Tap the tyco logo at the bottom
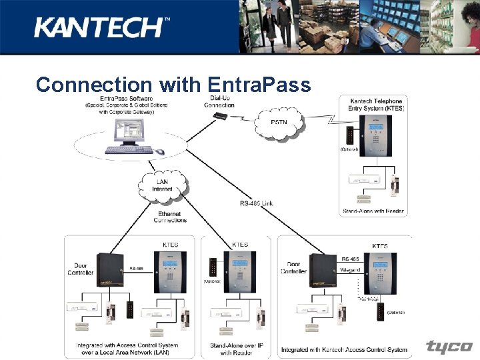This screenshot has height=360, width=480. (x=449, y=347)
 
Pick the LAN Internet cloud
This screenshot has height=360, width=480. (x=162, y=184)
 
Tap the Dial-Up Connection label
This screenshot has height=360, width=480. (x=219, y=101)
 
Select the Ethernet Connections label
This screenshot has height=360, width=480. (x=170, y=217)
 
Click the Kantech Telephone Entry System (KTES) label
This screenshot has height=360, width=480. (x=376, y=105)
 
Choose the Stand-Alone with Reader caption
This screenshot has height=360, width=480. (x=373, y=211)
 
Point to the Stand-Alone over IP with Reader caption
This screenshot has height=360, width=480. (x=235, y=349)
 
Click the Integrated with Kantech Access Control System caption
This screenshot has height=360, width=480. (x=343, y=349)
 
